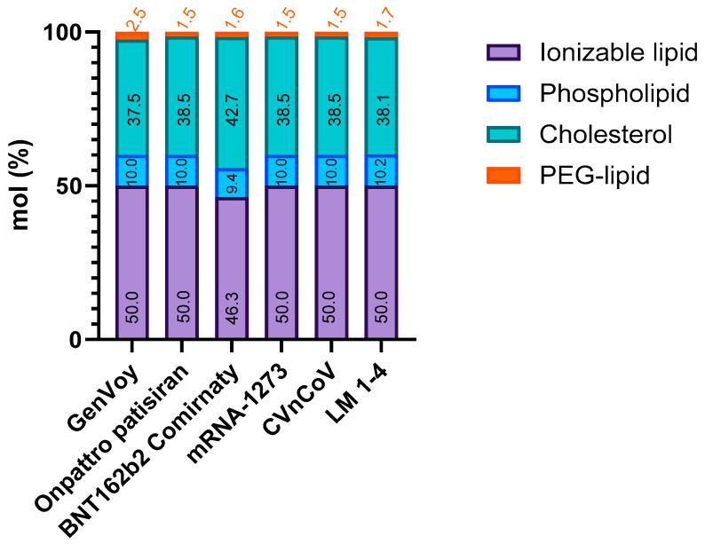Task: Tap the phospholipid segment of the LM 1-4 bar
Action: [381, 170]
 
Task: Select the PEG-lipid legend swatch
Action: [504, 175]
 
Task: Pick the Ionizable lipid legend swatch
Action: [504, 52]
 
